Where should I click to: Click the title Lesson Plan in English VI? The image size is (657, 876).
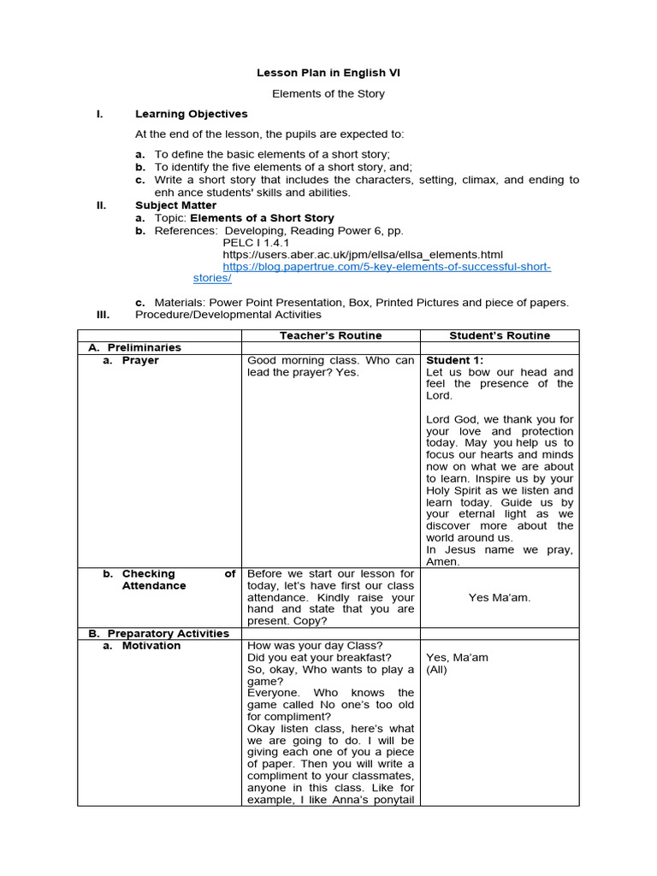[328, 73]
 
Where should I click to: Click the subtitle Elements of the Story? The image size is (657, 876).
[328, 93]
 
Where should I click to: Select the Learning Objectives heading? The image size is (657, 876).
[191, 114]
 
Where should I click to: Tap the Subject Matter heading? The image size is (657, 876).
[175, 205]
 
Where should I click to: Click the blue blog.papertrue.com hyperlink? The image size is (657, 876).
[387, 267]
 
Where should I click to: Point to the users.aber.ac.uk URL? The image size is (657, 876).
[363, 255]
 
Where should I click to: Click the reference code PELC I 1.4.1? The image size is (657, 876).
[257, 243]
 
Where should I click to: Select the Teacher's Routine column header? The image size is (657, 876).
[330, 335]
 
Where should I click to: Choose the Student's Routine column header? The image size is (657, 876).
[500, 335]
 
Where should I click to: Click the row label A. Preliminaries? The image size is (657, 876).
[135, 347]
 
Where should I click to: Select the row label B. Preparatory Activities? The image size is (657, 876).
[159, 633]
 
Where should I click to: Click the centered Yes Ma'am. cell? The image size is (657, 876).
[500, 597]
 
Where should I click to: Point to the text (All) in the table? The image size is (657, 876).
[436, 670]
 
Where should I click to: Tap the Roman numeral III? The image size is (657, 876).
[101, 314]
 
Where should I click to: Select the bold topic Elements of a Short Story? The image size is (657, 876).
[262, 218]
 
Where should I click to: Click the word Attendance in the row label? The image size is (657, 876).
[154, 586]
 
